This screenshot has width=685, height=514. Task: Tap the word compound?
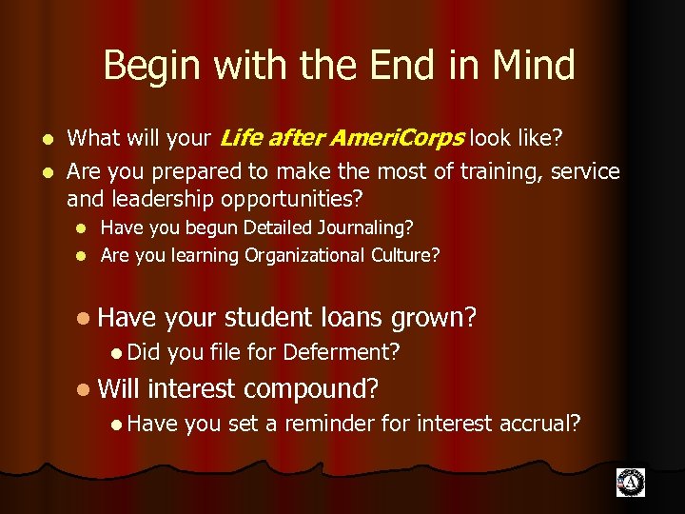311,388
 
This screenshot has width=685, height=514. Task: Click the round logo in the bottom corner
630,483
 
